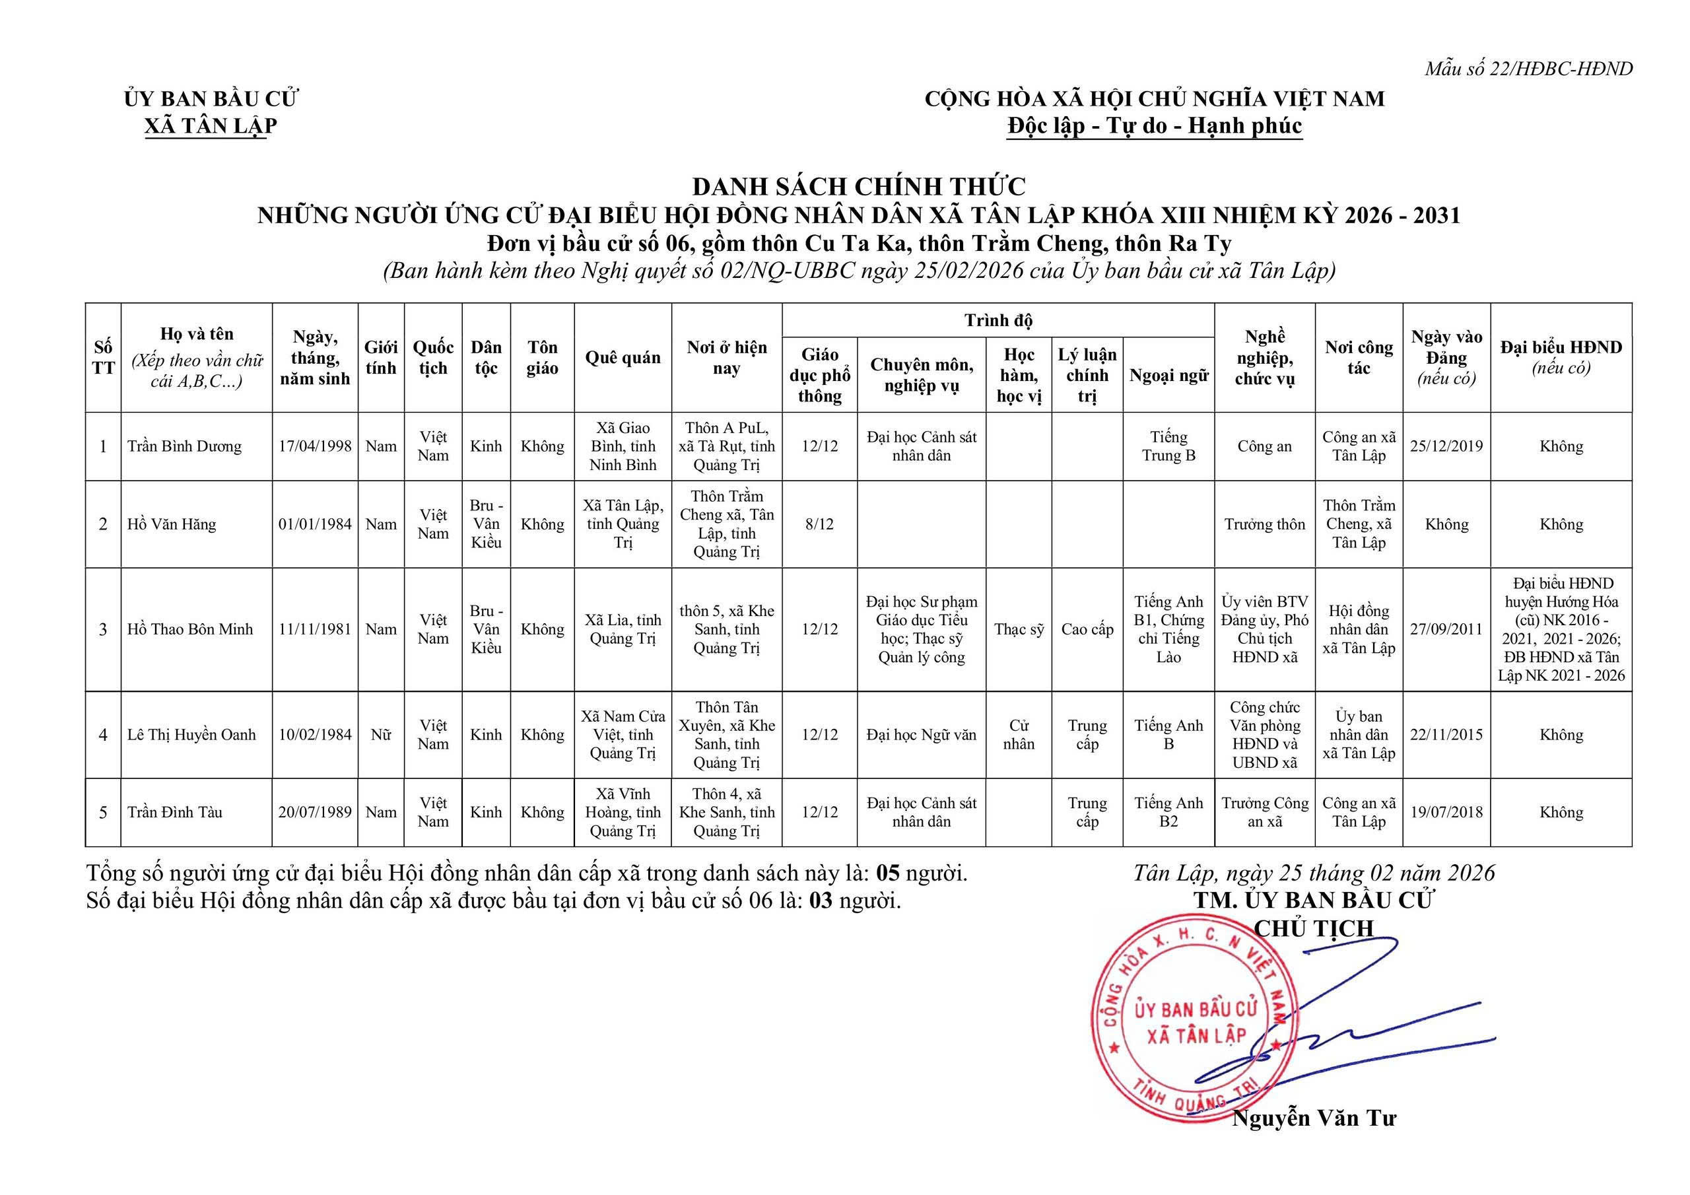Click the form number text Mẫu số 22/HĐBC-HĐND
1528,69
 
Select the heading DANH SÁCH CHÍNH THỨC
858,186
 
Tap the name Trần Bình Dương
184,446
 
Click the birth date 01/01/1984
315,524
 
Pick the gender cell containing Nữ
380,735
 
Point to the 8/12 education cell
819,524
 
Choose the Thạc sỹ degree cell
1019,630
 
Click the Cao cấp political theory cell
1087,630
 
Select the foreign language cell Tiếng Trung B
1168,446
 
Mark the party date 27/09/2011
1446,630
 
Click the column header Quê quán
623,358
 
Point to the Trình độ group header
998,320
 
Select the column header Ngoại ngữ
1168,376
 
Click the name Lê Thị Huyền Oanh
191,735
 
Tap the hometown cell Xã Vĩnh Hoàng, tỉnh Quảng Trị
623,812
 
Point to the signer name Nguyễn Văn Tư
1314,1118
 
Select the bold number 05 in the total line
889,873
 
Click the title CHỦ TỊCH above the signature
1314,928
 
